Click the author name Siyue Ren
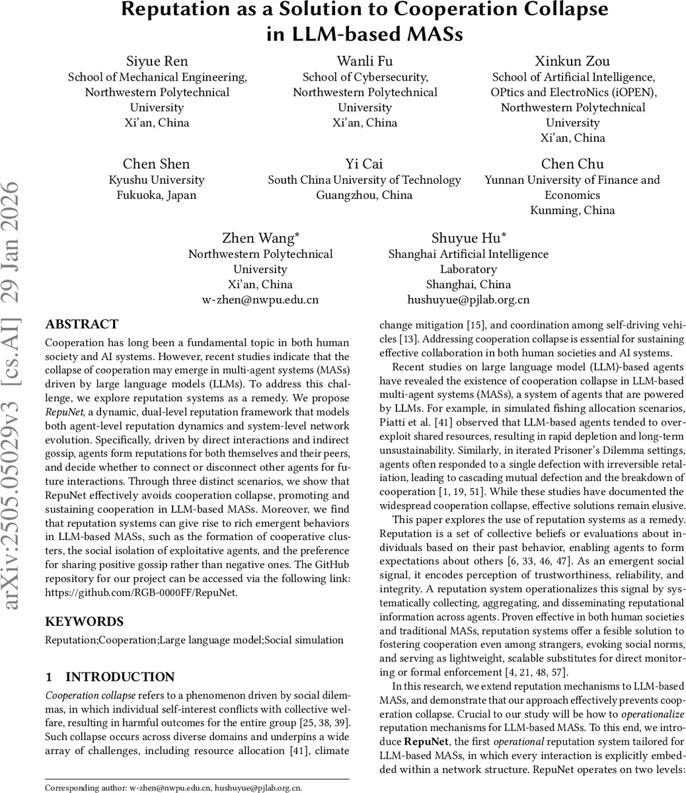(157, 61)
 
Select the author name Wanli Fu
(365, 61)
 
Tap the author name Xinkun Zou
(572, 61)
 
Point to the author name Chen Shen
(156, 164)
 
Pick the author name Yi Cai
(364, 164)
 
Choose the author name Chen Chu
(572, 164)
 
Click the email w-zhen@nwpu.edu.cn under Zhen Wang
(260, 299)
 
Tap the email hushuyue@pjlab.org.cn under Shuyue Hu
(468, 299)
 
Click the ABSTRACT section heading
(81, 324)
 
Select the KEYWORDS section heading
(84, 622)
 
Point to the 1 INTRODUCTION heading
(110, 677)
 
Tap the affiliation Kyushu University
(157, 180)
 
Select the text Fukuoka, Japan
(157, 195)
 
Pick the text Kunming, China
(572, 210)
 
